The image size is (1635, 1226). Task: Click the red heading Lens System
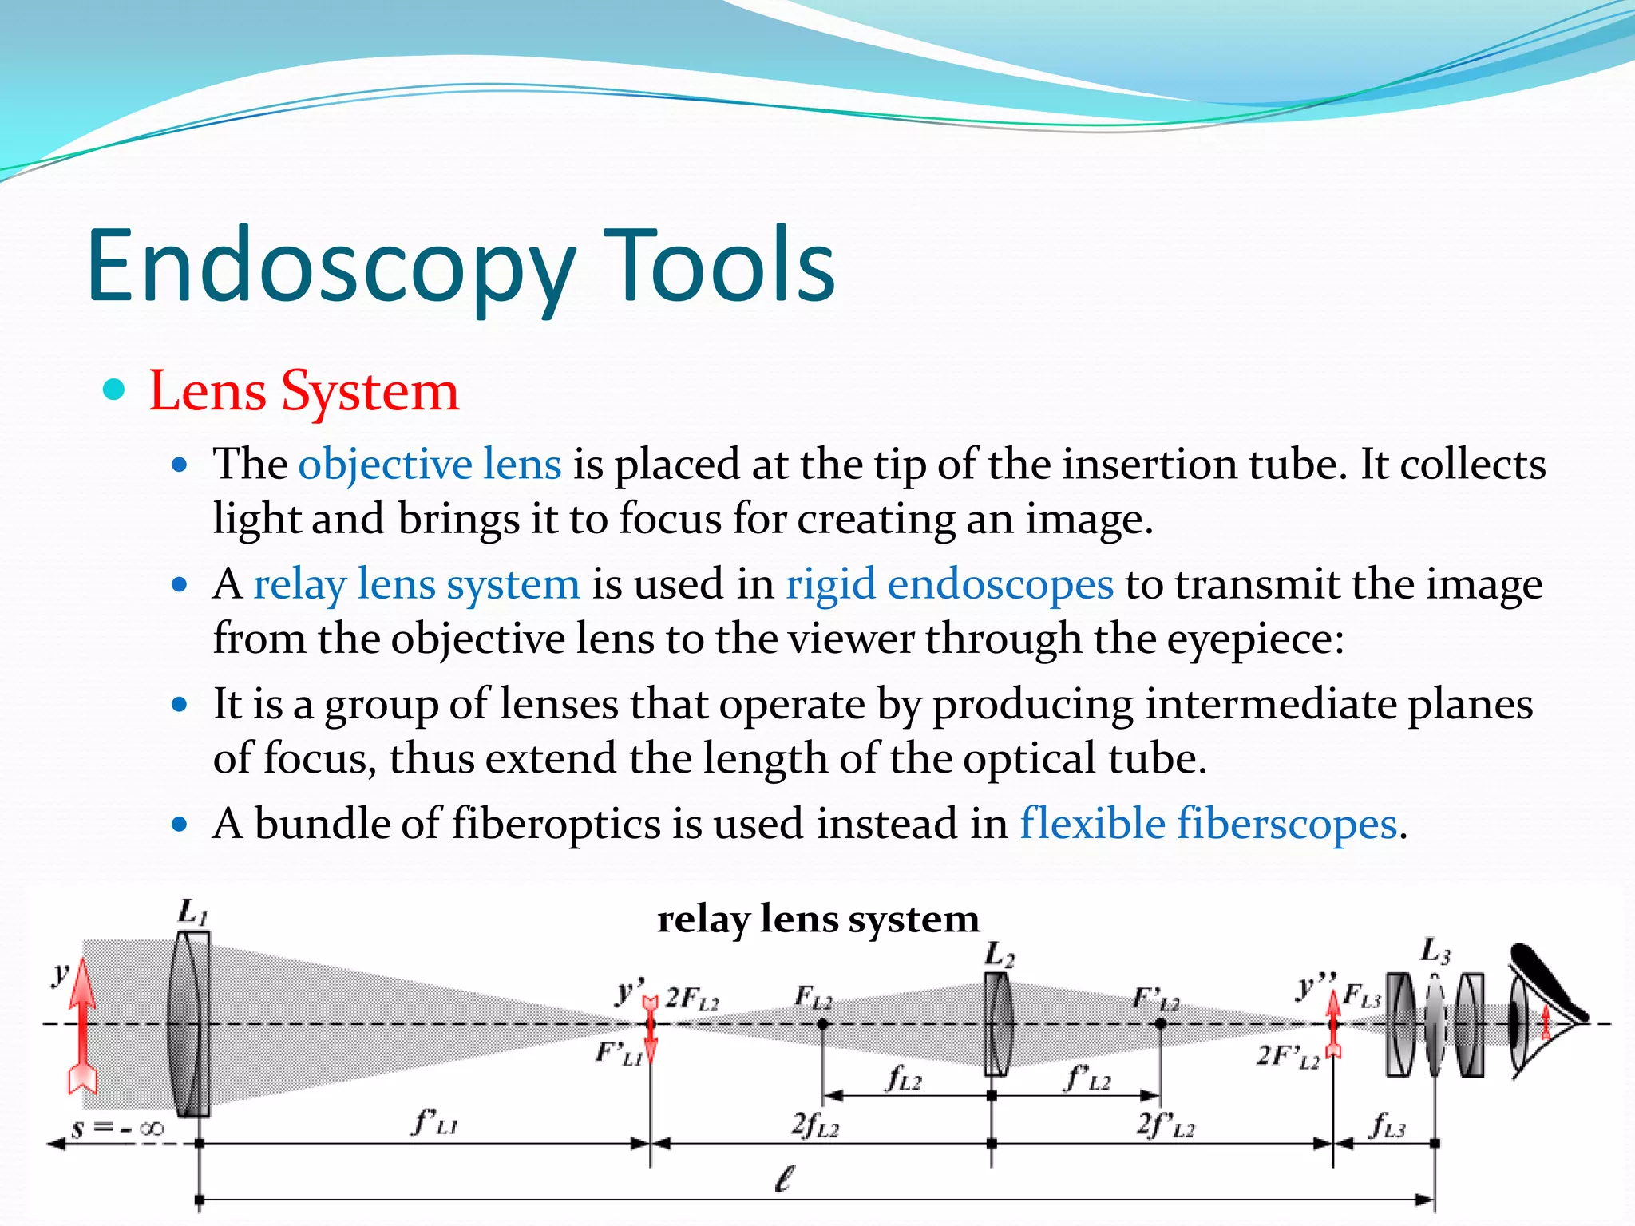(x=304, y=391)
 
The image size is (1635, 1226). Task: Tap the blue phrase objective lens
(x=430, y=464)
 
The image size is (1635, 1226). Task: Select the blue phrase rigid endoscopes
(x=949, y=583)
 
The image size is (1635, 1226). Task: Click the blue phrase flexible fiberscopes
(x=1209, y=823)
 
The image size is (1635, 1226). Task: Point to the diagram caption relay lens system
(x=817, y=919)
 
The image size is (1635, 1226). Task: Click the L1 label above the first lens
(x=192, y=912)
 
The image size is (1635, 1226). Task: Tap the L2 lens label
(x=999, y=955)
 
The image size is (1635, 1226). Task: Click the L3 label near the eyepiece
(x=1435, y=951)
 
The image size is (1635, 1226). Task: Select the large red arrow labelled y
(x=82, y=1026)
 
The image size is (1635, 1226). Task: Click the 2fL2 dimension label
(x=815, y=1125)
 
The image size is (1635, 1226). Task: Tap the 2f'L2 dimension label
(x=1166, y=1125)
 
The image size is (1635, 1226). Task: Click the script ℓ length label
(x=786, y=1179)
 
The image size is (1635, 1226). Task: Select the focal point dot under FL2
(x=822, y=1024)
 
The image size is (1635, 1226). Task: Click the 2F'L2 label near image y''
(x=1288, y=1056)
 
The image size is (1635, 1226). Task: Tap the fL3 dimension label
(x=1387, y=1125)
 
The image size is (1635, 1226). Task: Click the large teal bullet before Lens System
(x=115, y=390)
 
